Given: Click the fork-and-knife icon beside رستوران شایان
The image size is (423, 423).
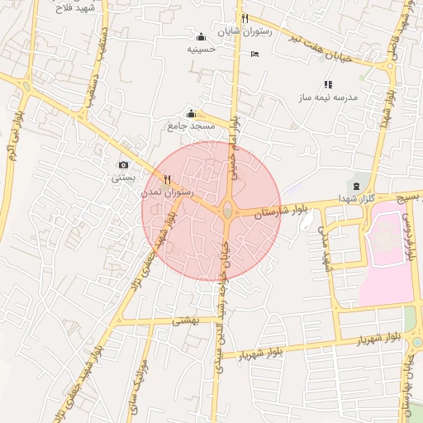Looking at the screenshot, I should coord(245,19).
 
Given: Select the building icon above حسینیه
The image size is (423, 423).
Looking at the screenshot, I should coord(201,37).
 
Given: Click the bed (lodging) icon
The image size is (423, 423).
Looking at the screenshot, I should coord(254,55).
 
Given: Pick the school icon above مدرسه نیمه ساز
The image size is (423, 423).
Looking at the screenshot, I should coord(328,84).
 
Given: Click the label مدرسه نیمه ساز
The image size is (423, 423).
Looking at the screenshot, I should coord(329,97).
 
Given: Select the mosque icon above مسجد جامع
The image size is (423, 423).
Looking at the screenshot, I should coord(192,114).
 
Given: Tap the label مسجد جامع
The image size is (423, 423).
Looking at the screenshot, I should coord(192,126).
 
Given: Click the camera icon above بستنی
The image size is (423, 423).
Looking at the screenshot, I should coord(124,165).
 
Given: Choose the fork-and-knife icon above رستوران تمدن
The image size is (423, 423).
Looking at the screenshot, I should coord(168,178).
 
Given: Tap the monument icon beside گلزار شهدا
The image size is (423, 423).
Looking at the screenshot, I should coord(356,185).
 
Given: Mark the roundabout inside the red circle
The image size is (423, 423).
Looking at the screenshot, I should coord(227,211).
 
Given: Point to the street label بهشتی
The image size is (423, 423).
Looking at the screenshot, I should coord(182,318).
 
